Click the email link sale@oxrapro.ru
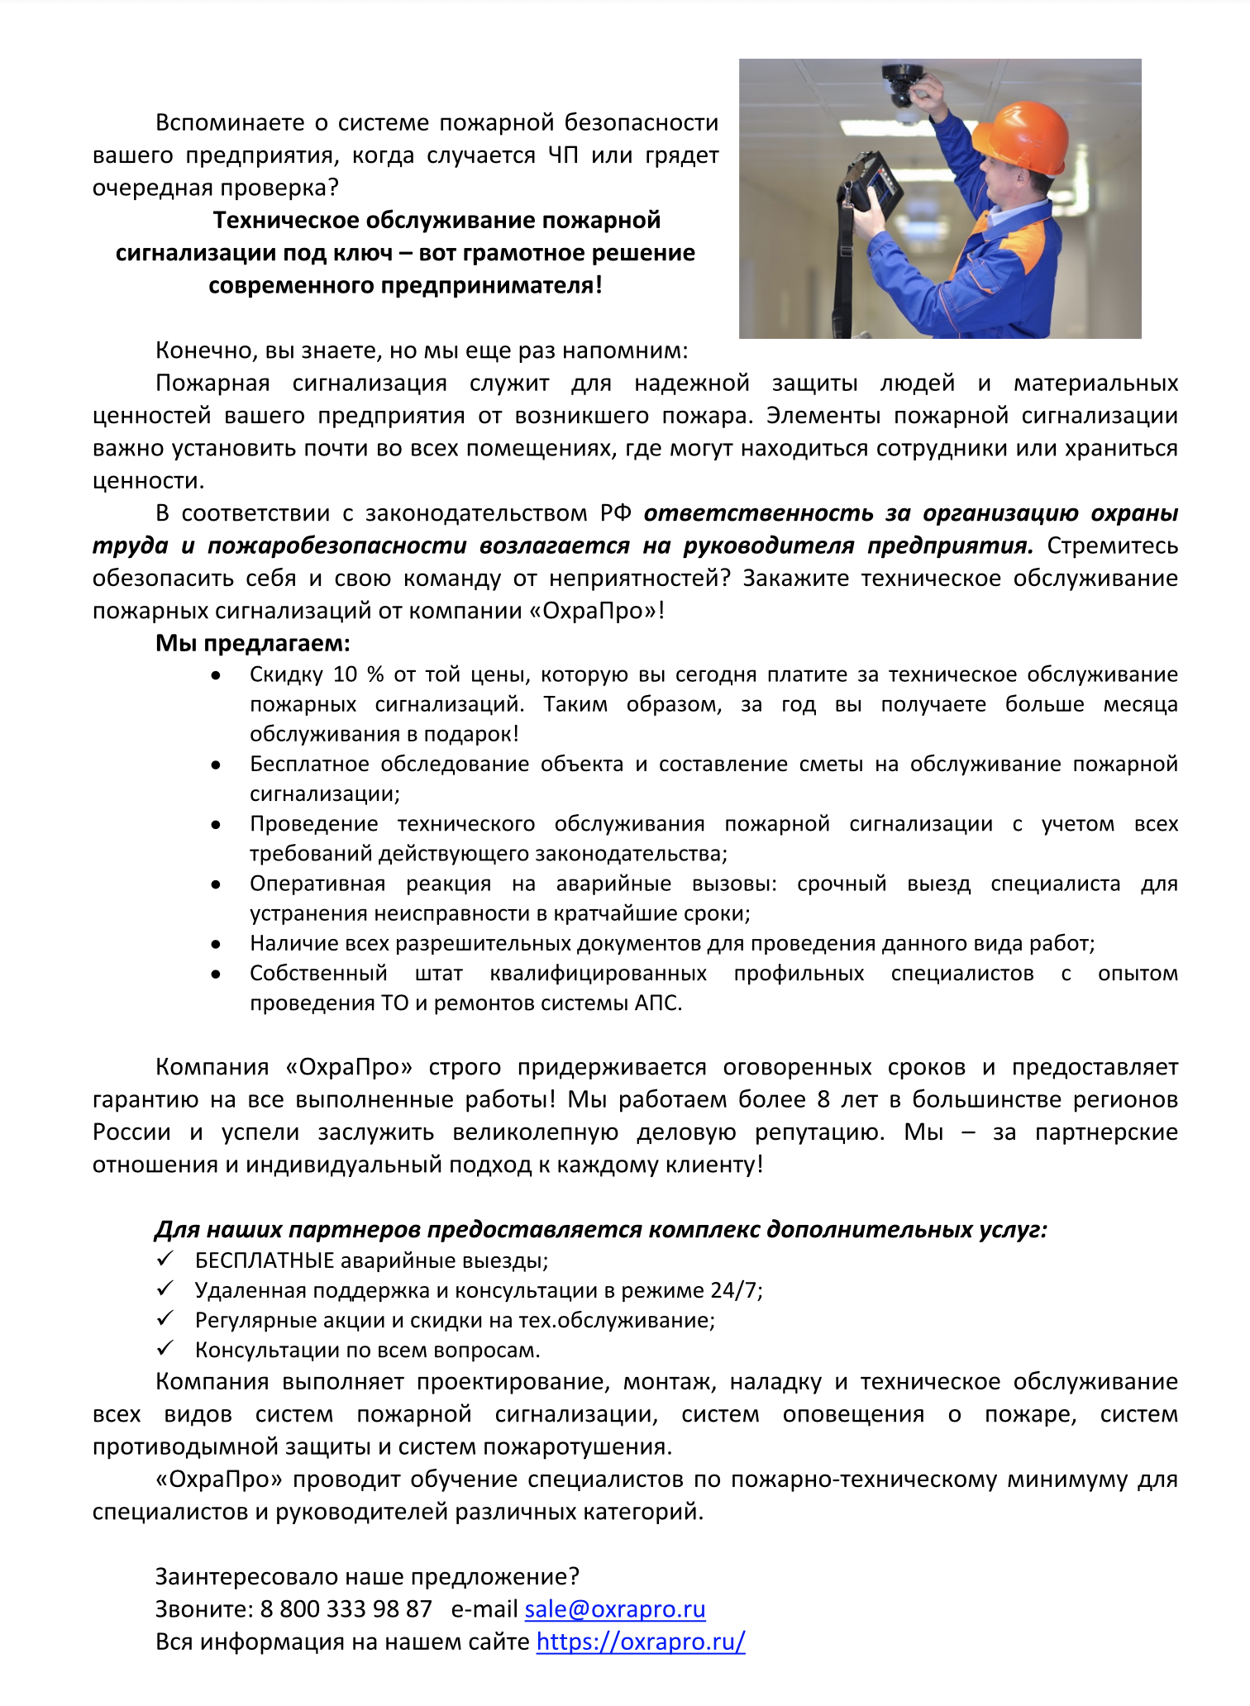point(614,1609)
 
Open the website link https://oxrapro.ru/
point(641,1642)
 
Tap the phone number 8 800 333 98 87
point(346,1609)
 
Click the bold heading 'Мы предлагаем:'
point(253,643)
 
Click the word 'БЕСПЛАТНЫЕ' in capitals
point(265,1260)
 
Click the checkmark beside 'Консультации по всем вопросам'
point(165,1348)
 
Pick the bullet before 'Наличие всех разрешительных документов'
point(216,944)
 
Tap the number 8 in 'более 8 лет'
point(823,1100)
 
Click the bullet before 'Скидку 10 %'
point(216,675)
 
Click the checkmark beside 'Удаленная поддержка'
point(165,1289)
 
